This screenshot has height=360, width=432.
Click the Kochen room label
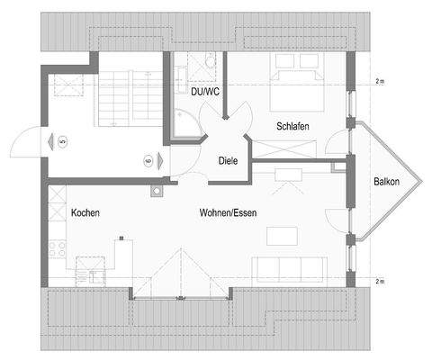[85, 213]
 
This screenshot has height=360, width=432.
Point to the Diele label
[229, 161]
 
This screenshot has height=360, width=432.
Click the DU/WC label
[204, 92]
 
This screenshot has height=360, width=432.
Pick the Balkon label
[387, 183]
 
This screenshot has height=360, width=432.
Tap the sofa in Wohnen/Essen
[289, 268]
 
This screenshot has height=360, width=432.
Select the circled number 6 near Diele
[147, 160]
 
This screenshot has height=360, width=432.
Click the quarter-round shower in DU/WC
[187, 127]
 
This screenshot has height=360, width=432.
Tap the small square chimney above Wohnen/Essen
[157, 191]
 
